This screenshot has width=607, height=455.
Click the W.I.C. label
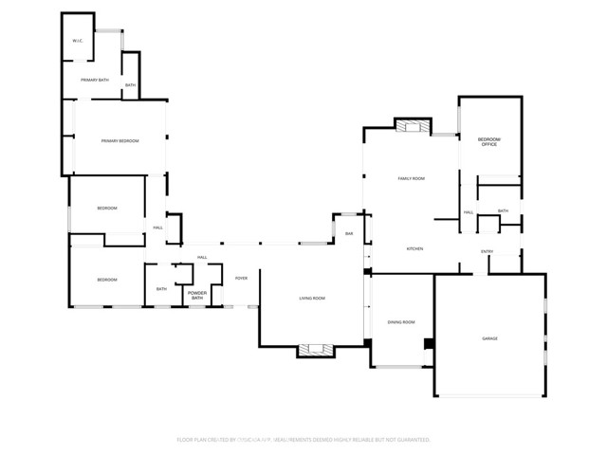click(x=79, y=41)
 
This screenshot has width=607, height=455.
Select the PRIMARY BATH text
click(x=95, y=80)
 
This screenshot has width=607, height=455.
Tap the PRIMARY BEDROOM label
click(x=120, y=141)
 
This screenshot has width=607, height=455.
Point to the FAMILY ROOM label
click(x=411, y=178)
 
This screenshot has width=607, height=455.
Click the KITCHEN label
click(x=414, y=248)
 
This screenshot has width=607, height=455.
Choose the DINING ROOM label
click(x=401, y=322)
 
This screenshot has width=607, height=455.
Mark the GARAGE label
click(x=489, y=338)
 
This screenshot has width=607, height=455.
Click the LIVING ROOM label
click(x=312, y=299)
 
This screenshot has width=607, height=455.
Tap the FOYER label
click(x=241, y=278)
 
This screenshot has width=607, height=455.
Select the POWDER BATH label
click(x=197, y=296)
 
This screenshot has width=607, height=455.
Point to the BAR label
click(x=349, y=233)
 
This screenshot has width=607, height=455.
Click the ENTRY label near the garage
click(x=487, y=251)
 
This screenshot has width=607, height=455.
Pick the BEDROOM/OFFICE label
click(x=489, y=142)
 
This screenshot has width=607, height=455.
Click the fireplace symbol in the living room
click(x=316, y=350)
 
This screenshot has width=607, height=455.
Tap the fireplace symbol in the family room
click(x=413, y=126)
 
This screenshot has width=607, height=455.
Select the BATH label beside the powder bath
click(x=161, y=289)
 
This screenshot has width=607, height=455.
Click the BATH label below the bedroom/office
click(x=503, y=211)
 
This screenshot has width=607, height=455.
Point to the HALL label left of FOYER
click(x=202, y=258)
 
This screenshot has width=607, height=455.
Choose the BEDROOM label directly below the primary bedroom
click(x=107, y=208)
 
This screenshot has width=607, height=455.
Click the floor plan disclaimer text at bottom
click(x=303, y=440)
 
